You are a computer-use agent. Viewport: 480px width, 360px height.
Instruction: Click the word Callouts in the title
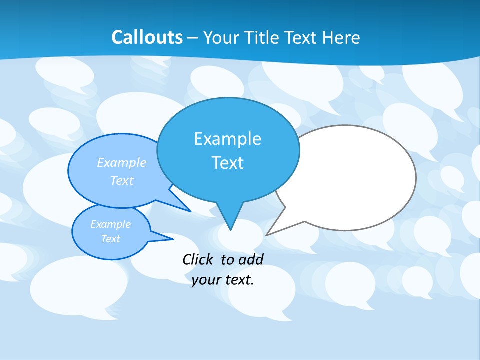[x=147, y=37]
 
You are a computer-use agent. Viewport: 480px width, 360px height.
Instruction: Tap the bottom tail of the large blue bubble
[x=230, y=222]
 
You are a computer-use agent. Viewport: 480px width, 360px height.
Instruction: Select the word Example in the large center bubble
[x=227, y=139]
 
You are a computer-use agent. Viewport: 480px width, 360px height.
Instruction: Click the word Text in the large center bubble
[x=227, y=163]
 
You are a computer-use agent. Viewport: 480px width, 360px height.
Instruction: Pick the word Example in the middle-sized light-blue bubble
[x=122, y=162]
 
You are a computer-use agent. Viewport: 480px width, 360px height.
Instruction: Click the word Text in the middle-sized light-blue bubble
[x=122, y=180]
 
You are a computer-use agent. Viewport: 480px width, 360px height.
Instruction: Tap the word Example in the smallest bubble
[x=110, y=224]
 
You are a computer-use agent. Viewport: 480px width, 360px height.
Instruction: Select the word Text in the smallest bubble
[x=110, y=239]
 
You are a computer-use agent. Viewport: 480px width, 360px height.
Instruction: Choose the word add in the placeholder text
[x=251, y=259]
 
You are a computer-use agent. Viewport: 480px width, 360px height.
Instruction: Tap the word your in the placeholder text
[x=206, y=280]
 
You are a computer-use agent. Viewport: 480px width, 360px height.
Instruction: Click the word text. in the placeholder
[x=239, y=280]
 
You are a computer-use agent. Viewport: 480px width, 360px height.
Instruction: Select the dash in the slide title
[x=193, y=37]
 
